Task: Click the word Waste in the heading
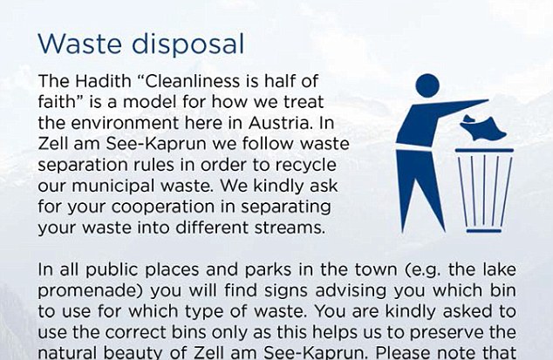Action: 79,44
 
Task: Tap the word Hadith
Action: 103,81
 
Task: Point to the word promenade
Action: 91,290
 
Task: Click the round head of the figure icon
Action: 427,85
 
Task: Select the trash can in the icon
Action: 484,190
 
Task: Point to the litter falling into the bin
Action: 482,127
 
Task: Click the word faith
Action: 57,102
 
